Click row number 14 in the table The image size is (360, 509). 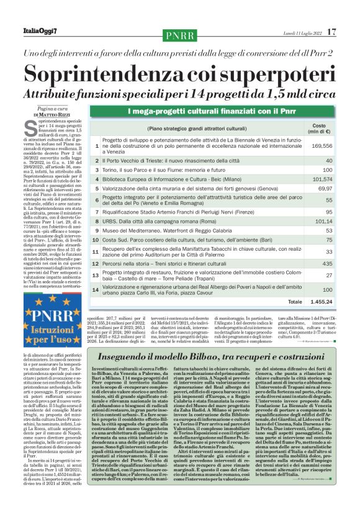(x=96, y=289)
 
